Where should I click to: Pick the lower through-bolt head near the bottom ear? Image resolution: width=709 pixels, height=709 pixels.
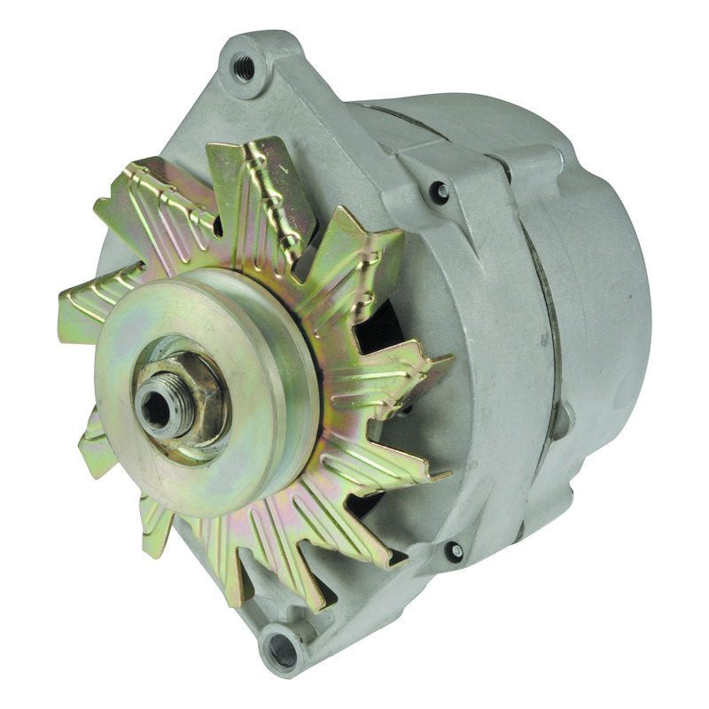454,551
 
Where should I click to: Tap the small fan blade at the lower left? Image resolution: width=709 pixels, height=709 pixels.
97,448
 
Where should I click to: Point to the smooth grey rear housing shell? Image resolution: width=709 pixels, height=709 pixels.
603,292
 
